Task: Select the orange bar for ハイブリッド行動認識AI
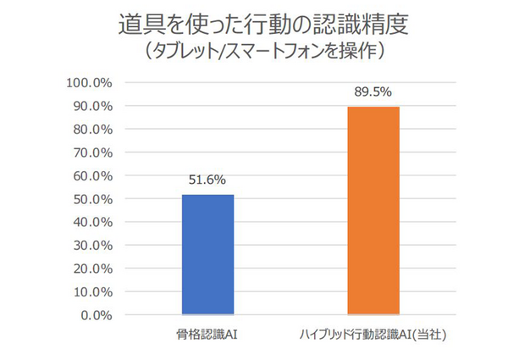[x=373, y=211]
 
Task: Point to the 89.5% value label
[x=373, y=91]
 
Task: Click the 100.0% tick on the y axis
[x=89, y=83]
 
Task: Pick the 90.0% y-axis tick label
[x=91, y=107]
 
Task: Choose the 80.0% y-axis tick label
[x=91, y=130]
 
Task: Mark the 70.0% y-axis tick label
[x=91, y=153]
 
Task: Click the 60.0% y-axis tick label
[x=91, y=176]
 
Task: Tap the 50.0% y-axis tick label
[x=91, y=200]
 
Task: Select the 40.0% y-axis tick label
[x=91, y=223]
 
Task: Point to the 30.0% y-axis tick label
[x=91, y=246]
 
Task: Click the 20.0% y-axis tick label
[x=91, y=269]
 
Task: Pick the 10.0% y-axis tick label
[x=91, y=292]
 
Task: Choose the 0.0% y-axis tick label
[x=95, y=316]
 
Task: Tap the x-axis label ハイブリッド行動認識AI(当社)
[x=373, y=335]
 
